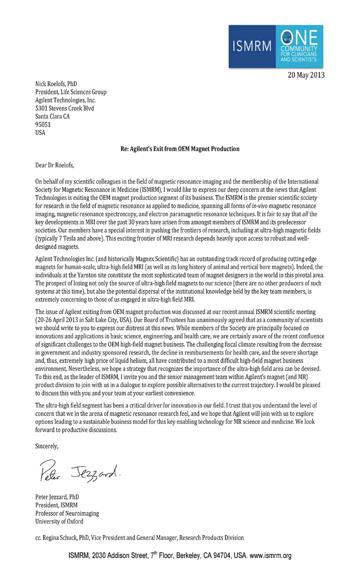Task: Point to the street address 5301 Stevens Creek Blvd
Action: (x=64, y=108)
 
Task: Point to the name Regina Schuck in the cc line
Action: (x=68, y=538)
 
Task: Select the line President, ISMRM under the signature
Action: (x=57, y=505)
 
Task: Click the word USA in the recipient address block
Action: (x=40, y=132)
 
